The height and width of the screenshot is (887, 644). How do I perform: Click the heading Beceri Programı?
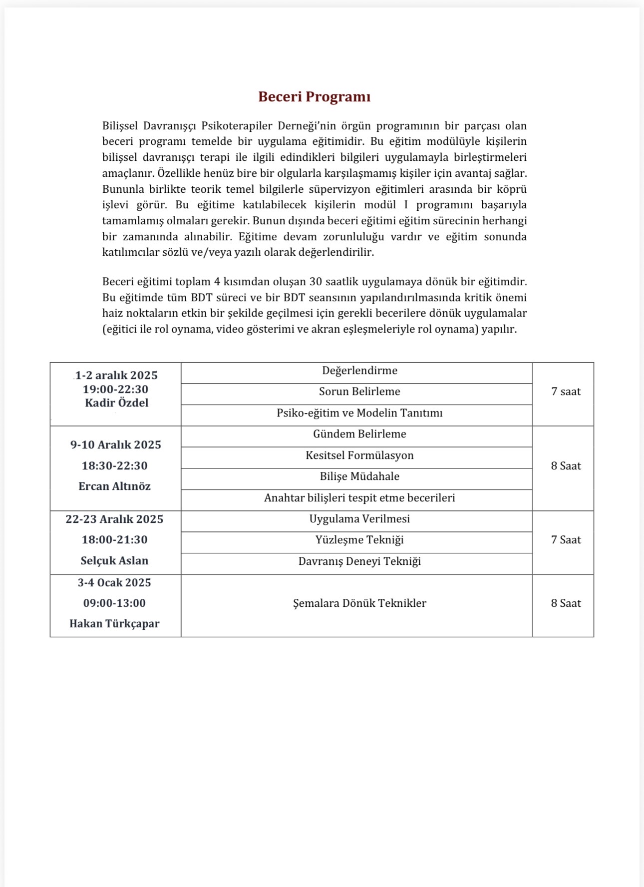point(314,97)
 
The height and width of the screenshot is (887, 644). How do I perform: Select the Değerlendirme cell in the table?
point(359,371)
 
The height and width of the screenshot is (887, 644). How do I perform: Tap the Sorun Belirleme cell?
point(359,392)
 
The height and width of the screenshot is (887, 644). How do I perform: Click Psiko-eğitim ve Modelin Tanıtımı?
point(359,413)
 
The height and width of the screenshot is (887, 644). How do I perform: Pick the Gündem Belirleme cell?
point(359,434)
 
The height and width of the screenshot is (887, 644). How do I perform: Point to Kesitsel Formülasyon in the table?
point(359,455)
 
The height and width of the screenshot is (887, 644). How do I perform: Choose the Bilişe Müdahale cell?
point(359,476)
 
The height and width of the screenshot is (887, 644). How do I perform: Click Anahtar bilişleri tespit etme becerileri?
point(359,498)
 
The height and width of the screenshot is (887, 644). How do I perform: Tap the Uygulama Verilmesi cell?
point(359,519)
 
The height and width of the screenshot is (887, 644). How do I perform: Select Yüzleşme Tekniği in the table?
point(359,540)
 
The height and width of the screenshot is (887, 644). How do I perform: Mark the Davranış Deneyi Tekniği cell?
point(359,561)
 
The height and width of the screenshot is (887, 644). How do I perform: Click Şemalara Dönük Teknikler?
point(359,603)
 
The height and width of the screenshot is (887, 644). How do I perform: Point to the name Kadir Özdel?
point(116,403)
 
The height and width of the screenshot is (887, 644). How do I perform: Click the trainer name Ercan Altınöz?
point(114,486)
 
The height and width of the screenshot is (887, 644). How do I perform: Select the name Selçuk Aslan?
point(114,561)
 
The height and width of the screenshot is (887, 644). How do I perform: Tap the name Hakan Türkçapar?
point(114,624)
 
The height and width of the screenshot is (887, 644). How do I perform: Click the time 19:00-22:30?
point(115,390)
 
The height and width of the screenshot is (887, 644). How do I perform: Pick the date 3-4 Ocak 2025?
point(114,583)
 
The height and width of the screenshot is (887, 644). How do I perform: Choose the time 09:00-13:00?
point(114,603)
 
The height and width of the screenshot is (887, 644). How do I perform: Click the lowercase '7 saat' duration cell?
point(566,392)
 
